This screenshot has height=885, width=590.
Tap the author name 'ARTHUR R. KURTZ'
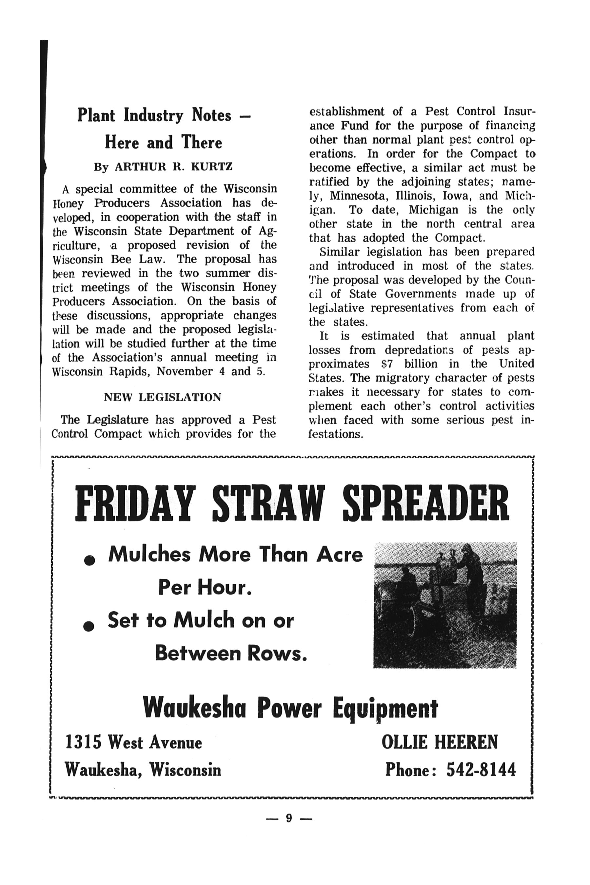173,167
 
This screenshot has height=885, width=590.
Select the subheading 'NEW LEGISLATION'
163,397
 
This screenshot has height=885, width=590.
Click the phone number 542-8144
481,770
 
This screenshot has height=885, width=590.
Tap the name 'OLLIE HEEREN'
440,742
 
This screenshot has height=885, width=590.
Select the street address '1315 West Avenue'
134,742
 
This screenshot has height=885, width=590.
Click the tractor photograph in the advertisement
445,605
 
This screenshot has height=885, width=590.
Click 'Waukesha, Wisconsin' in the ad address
143,770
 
